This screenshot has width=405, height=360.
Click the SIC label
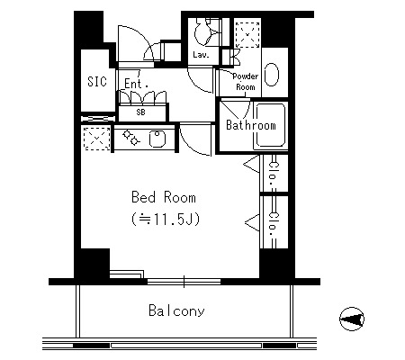(x=97, y=82)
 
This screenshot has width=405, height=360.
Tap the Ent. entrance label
(x=136, y=84)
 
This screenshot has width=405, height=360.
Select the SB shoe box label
(x=140, y=112)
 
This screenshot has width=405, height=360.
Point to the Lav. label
(x=201, y=55)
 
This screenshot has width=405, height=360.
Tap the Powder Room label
(x=246, y=82)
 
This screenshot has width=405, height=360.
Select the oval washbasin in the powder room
(x=272, y=75)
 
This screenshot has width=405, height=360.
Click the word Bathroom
(x=251, y=125)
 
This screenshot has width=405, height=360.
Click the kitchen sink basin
(x=157, y=139)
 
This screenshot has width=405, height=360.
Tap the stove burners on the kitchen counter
(x=131, y=138)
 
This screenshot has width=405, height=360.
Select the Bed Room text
(x=164, y=197)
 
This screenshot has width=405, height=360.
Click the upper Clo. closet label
(x=273, y=174)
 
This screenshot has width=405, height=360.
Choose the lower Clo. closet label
(x=274, y=225)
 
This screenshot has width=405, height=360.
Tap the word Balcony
(x=176, y=310)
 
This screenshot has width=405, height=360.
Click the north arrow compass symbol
(x=352, y=319)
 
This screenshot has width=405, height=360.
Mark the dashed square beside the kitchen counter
(x=96, y=139)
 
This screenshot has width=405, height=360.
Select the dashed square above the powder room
(x=247, y=34)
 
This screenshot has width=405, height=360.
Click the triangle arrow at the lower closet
(x=252, y=222)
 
